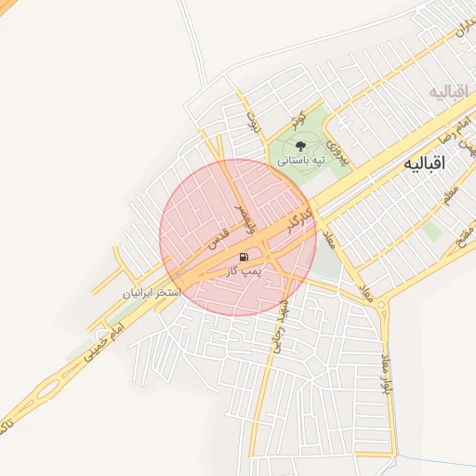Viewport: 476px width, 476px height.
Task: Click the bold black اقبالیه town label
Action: pos(424,163)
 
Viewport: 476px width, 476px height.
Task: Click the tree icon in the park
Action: pos(300,146)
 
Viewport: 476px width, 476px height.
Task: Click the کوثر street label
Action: pos(297,118)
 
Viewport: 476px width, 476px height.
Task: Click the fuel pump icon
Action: pos(244,258)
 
